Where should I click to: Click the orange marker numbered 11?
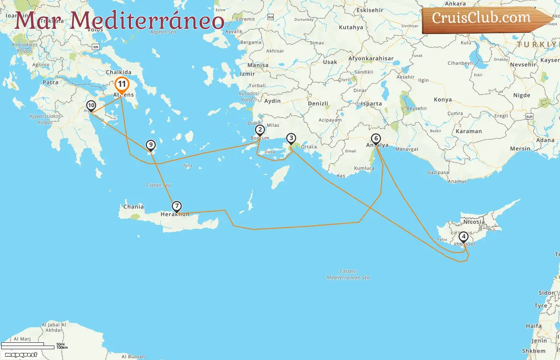(122, 84)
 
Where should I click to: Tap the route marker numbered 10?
(91, 106)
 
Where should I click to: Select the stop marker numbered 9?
(150, 145)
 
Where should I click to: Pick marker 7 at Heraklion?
(177, 206)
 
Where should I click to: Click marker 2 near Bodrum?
(260, 130)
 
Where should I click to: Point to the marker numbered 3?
(291, 138)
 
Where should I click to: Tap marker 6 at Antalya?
(376, 138)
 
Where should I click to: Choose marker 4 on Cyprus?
(464, 236)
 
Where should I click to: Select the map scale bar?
(28, 346)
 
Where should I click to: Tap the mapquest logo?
(21, 354)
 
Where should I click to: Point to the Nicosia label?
(474, 222)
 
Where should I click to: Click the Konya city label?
(443, 100)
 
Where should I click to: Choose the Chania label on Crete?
(133, 207)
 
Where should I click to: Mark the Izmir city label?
(247, 74)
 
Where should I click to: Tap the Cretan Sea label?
(158, 185)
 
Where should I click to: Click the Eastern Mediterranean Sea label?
(348, 274)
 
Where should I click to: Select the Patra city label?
(50, 82)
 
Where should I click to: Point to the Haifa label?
(534, 326)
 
